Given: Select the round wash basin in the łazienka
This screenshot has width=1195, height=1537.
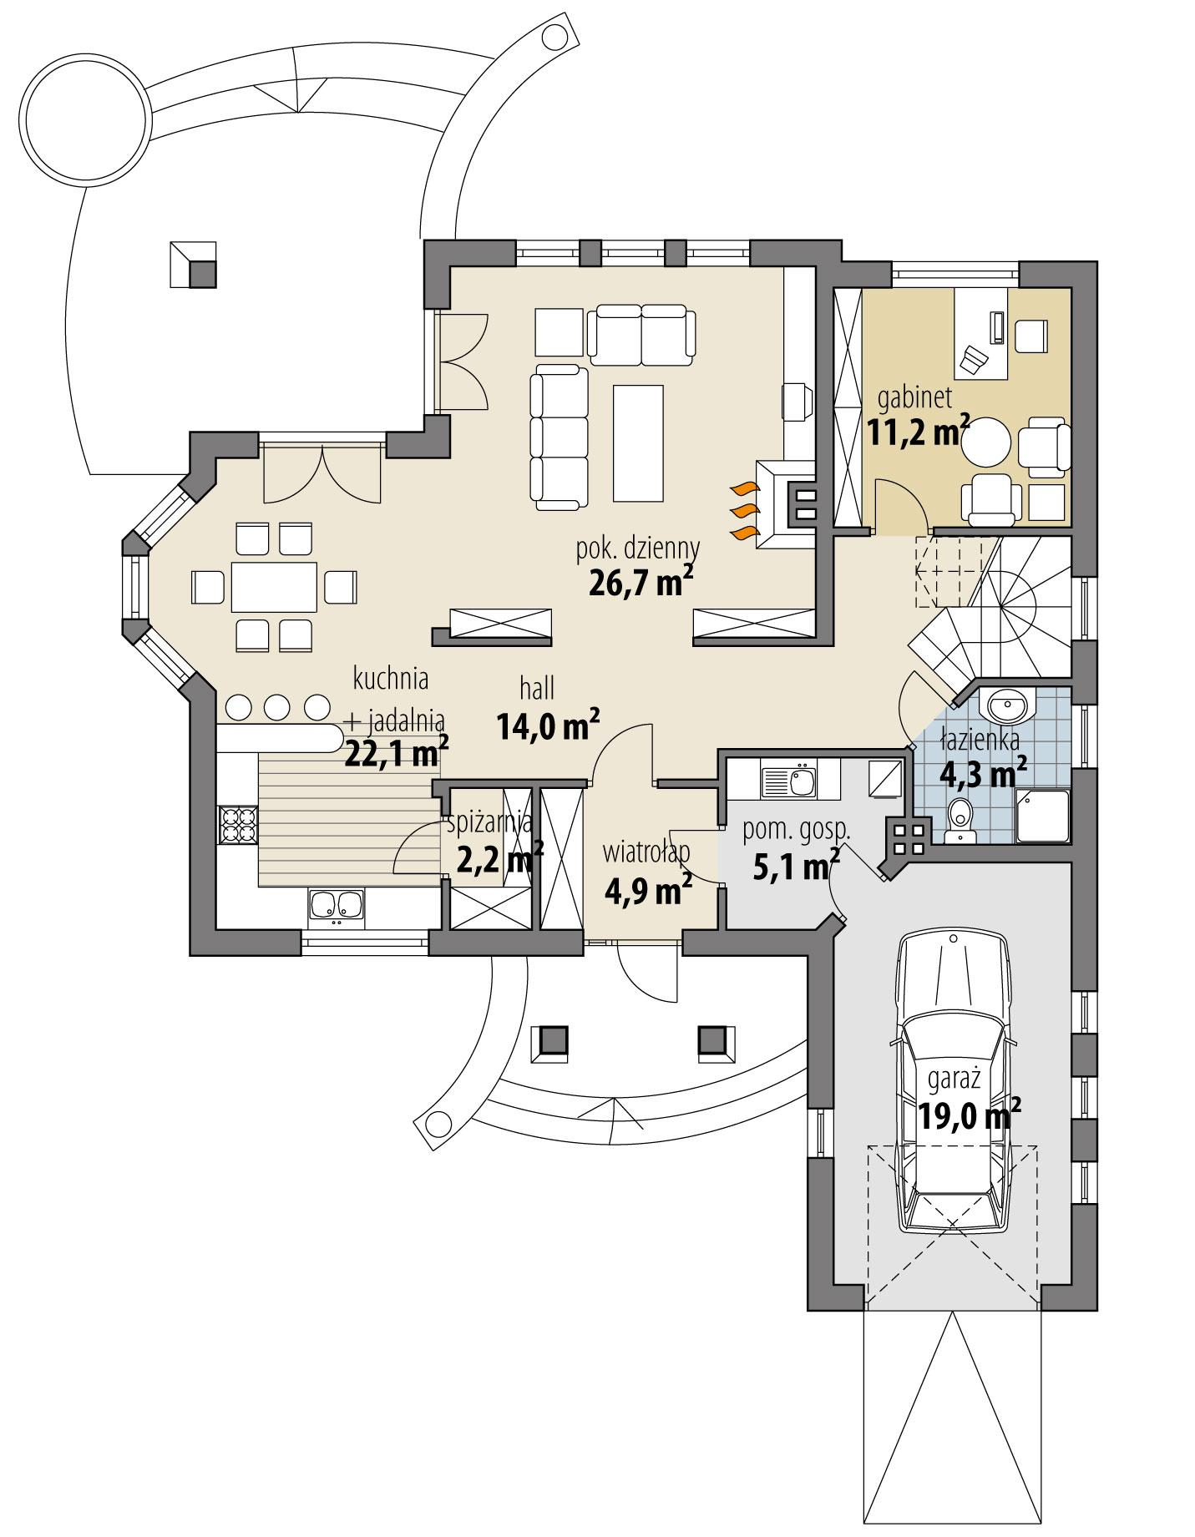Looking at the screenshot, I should (x=1010, y=705).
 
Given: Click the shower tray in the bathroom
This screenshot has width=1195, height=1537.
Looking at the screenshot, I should (x=1041, y=815).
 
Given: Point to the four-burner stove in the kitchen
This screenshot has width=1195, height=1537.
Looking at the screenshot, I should (x=237, y=825).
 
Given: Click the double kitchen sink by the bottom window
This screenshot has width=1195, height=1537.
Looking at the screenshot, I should (x=336, y=905).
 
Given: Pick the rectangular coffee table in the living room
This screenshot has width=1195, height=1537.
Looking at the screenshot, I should (x=638, y=442).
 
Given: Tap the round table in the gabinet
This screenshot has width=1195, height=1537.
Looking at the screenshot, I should (x=985, y=441).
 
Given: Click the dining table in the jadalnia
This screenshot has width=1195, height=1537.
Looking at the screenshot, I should (x=274, y=587).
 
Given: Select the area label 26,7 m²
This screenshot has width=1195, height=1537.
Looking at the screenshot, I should (x=641, y=582).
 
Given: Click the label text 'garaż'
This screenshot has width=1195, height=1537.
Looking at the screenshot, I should (x=954, y=1079).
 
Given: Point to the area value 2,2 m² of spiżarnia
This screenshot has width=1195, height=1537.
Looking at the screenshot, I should (x=499, y=859).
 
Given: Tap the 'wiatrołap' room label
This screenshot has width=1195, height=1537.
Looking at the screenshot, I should (x=646, y=852).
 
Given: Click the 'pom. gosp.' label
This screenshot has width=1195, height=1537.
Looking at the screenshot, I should (x=796, y=830).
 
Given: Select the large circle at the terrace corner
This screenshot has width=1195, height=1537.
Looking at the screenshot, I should (x=85, y=119).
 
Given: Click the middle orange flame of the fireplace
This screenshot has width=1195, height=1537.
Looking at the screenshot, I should (x=744, y=510).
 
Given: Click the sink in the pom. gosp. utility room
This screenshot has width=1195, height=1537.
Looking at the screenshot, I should (x=789, y=781).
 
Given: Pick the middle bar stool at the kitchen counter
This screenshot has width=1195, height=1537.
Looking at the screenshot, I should (x=277, y=707).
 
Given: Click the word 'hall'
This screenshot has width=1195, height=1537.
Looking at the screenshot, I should (x=537, y=689).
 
